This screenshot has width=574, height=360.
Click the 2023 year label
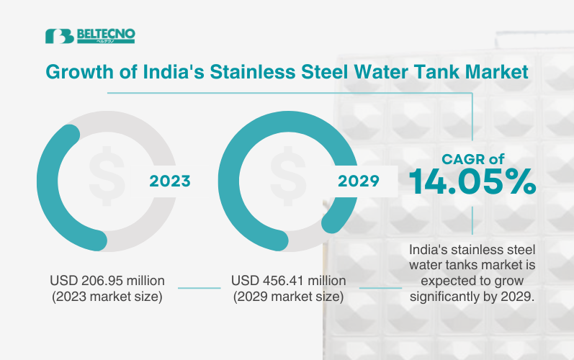pos(170,181)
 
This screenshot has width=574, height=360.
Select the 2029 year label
pos(357,181)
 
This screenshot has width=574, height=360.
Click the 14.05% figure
pos(472,182)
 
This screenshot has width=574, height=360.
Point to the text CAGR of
pos(472,158)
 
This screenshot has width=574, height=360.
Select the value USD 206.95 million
pos(107,280)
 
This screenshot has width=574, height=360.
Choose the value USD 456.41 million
pos(288,280)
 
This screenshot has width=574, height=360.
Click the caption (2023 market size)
pos(107,296)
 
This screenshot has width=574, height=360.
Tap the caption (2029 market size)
pos(288,296)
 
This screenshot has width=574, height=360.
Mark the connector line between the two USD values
pos(199,288)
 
